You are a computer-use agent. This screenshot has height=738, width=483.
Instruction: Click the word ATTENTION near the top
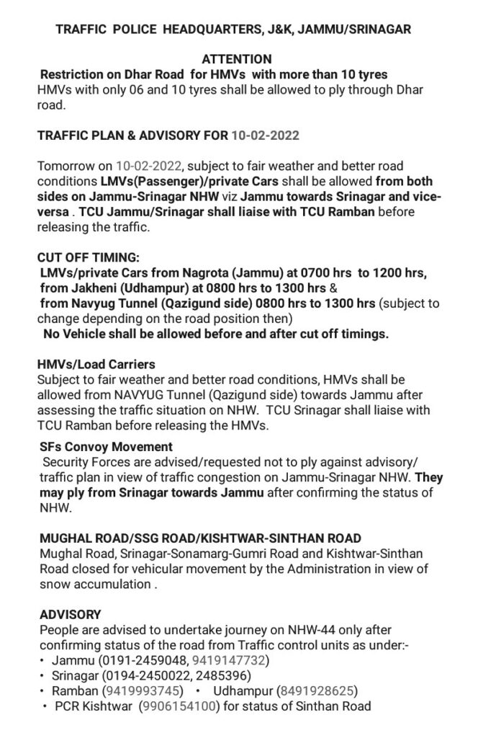pos(236,59)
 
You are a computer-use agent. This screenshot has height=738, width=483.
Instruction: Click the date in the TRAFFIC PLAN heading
pos(266,135)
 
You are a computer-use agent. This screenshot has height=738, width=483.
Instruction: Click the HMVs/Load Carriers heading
pos(96,365)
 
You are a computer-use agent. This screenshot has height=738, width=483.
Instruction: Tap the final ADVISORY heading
pos(70,615)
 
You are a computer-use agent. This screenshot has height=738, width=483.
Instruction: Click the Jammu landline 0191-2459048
pos(137,660)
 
